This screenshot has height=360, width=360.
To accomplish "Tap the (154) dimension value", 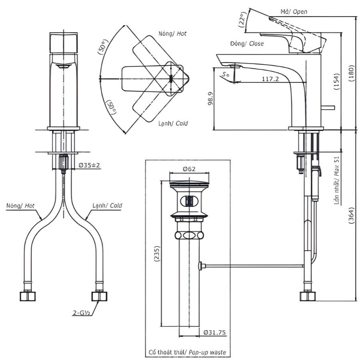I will (337, 81).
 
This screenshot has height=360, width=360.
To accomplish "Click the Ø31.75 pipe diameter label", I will (215, 332).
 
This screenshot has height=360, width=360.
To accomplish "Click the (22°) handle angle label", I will (242, 21).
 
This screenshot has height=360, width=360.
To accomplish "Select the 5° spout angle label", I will (225, 74).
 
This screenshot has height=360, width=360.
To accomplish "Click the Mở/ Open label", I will (294, 12).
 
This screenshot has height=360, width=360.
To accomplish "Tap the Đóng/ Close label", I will (247, 43).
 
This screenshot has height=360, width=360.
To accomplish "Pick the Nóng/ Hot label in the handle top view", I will (172, 34).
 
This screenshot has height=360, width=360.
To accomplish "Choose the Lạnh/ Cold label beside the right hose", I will (107, 205).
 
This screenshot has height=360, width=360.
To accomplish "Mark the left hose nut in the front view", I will (28, 296).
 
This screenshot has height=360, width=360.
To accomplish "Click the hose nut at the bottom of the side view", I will (308, 296).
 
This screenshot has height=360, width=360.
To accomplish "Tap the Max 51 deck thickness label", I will (337, 179).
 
